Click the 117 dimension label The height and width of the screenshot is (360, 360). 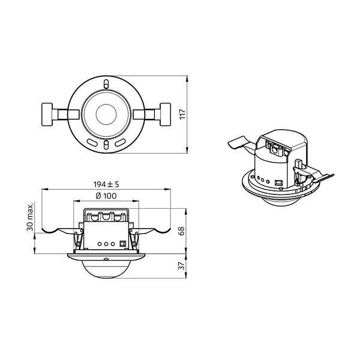[182, 114]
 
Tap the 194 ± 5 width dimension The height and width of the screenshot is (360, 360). [106, 184]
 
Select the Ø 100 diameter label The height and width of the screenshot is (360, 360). [106, 196]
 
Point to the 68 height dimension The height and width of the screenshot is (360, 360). [181, 231]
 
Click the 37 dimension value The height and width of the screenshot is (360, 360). [181, 266]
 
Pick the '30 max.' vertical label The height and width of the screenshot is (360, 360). [30, 217]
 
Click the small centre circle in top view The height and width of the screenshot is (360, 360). [106, 115]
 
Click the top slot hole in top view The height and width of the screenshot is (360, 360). [106, 84]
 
